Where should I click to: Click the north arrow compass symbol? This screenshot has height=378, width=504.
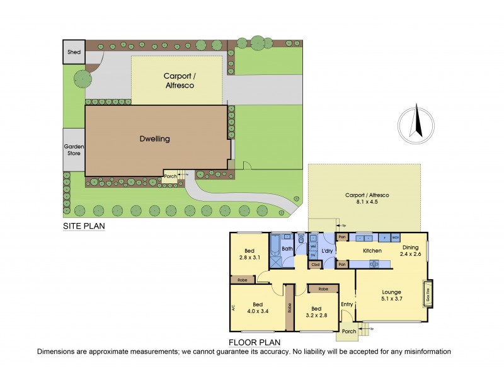416,123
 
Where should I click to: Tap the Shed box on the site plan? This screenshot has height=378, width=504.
73,52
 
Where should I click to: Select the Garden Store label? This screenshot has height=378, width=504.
74,149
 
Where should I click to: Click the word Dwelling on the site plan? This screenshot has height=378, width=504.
155,139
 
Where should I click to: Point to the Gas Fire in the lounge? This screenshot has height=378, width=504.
428,294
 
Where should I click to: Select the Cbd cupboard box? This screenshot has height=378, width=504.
316,265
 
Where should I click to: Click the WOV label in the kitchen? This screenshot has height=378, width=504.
396,238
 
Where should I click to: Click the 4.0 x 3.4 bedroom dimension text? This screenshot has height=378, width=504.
258,310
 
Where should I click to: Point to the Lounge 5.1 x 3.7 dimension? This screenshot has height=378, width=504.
391,300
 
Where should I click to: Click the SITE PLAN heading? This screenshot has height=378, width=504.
83,226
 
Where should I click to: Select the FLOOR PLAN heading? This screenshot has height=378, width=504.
255,343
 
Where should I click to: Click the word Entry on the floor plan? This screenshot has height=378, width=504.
347,305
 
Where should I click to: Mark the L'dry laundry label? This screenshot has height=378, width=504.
327,251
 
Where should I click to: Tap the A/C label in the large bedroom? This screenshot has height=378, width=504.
234,308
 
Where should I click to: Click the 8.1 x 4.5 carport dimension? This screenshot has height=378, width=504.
367,203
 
